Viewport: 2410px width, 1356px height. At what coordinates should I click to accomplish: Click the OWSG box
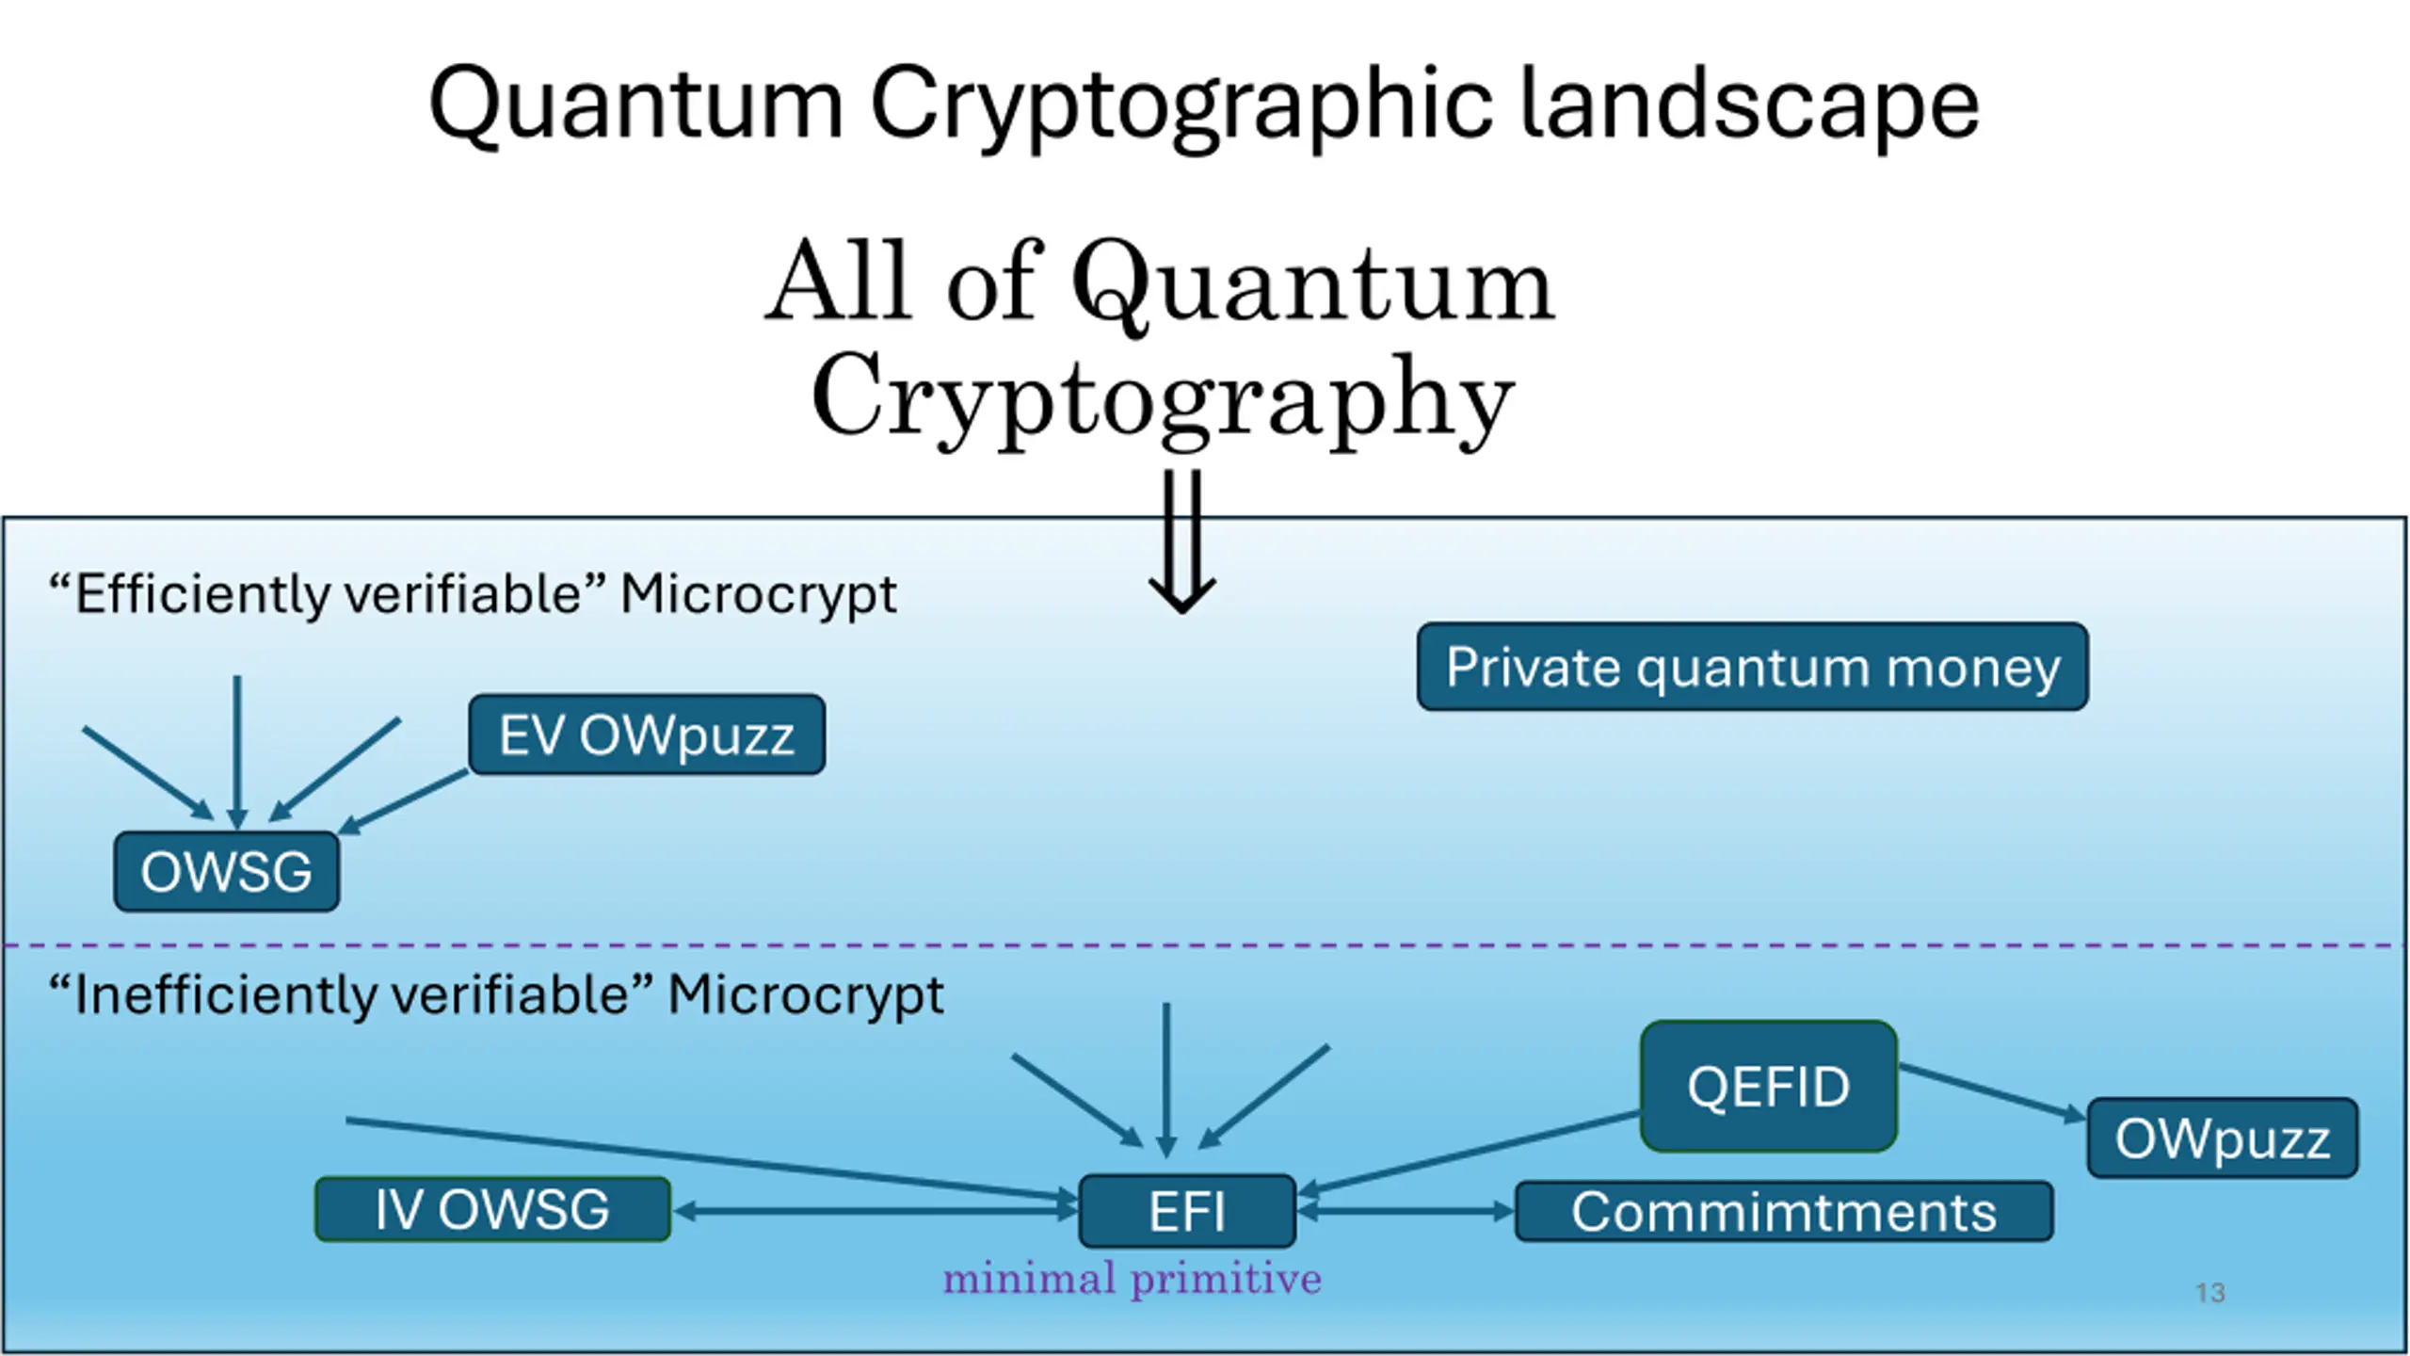pyautogui.click(x=226, y=871)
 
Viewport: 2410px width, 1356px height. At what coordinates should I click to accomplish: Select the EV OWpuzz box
pyautogui.click(x=647, y=735)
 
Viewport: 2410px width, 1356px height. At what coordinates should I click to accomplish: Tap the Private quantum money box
pyautogui.click(x=1752, y=667)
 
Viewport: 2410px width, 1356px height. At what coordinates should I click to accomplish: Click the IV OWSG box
pyautogui.click(x=492, y=1209)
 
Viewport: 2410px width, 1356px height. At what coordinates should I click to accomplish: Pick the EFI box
pyautogui.click(x=1186, y=1211)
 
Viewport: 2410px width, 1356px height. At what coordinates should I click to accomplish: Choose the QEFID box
pyautogui.click(x=1768, y=1086)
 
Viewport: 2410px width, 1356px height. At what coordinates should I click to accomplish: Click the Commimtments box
pyautogui.click(x=1783, y=1211)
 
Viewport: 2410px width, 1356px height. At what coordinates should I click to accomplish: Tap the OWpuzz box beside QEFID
pyautogui.click(x=2222, y=1138)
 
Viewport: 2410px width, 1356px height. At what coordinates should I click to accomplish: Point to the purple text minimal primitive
pyautogui.click(x=1133, y=1279)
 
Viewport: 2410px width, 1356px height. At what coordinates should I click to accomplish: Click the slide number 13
pyautogui.click(x=2209, y=1293)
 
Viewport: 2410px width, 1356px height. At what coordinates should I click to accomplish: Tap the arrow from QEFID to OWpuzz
pyautogui.click(x=1991, y=1092)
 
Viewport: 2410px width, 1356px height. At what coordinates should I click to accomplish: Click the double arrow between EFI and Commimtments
pyautogui.click(x=1406, y=1211)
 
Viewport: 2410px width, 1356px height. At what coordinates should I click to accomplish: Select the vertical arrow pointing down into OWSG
pyautogui.click(x=237, y=753)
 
